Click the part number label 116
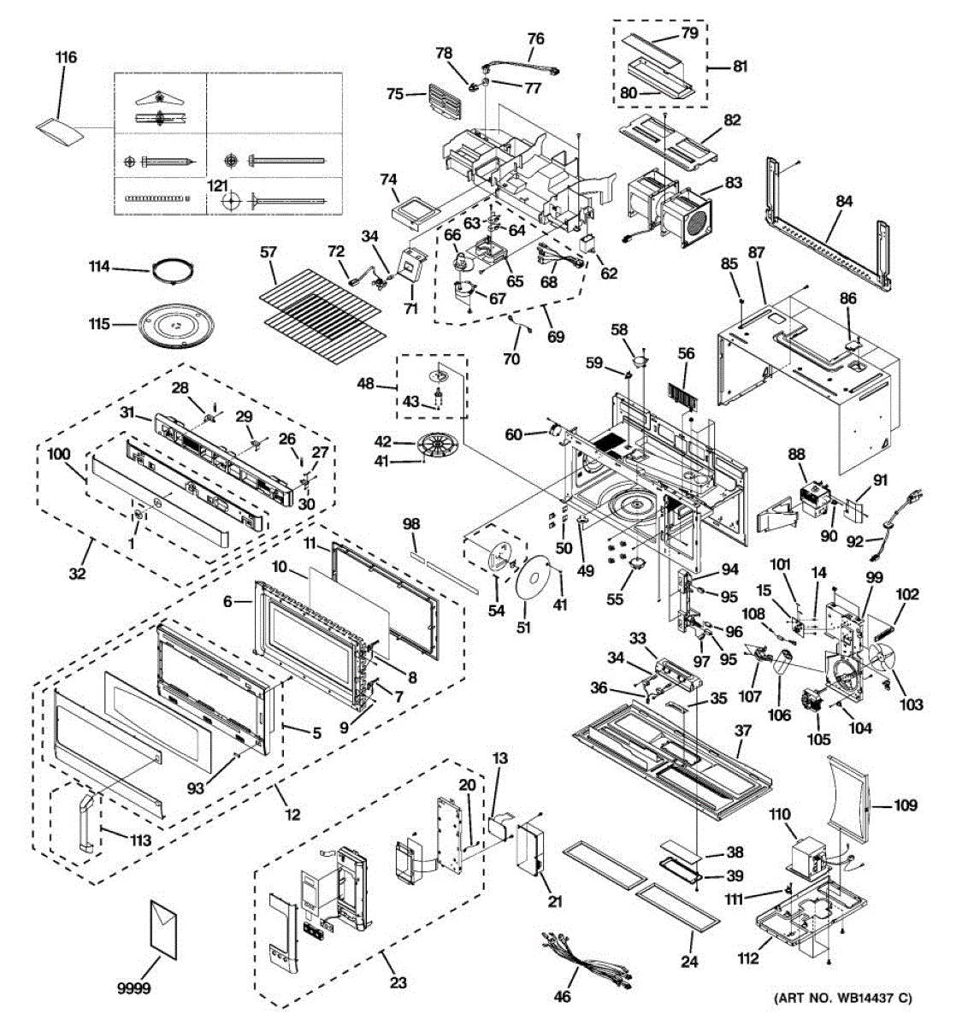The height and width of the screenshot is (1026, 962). coord(67,57)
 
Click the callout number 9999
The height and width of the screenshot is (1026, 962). coord(133,988)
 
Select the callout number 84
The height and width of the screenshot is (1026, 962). coord(844,201)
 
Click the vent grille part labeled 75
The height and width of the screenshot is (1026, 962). coord(443,103)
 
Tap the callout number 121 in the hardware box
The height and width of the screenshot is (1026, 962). coord(218,185)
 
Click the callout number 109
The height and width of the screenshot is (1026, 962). coord(906,805)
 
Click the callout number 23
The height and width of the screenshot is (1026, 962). coord(398,982)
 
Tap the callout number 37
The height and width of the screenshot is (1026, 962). coord(743,730)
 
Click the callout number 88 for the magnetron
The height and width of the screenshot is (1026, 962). coord(797,454)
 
